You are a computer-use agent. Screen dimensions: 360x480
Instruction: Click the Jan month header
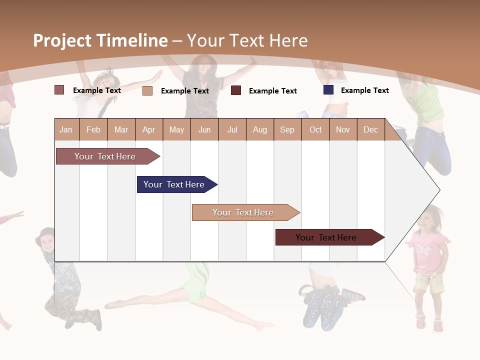66,129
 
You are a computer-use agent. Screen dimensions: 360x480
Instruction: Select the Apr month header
148,129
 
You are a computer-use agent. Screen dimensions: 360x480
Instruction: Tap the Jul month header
232,129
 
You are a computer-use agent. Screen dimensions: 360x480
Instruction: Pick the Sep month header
287,129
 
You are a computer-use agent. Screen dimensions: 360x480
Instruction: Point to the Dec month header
370,129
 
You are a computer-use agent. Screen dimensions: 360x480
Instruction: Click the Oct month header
315,129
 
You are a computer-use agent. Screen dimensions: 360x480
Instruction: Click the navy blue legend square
328,90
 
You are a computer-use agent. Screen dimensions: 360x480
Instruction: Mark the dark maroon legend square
236,90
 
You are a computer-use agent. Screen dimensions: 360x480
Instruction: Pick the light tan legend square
147,90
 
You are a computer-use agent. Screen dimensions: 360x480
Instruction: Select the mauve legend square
59,90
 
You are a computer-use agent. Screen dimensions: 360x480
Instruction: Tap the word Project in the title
62,40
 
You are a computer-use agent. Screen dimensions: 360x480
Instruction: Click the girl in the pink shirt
428,265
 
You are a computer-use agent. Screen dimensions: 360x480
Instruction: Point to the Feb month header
93,129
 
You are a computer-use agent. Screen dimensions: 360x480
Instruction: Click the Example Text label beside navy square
364,90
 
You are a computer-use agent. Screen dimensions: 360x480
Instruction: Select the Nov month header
343,129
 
